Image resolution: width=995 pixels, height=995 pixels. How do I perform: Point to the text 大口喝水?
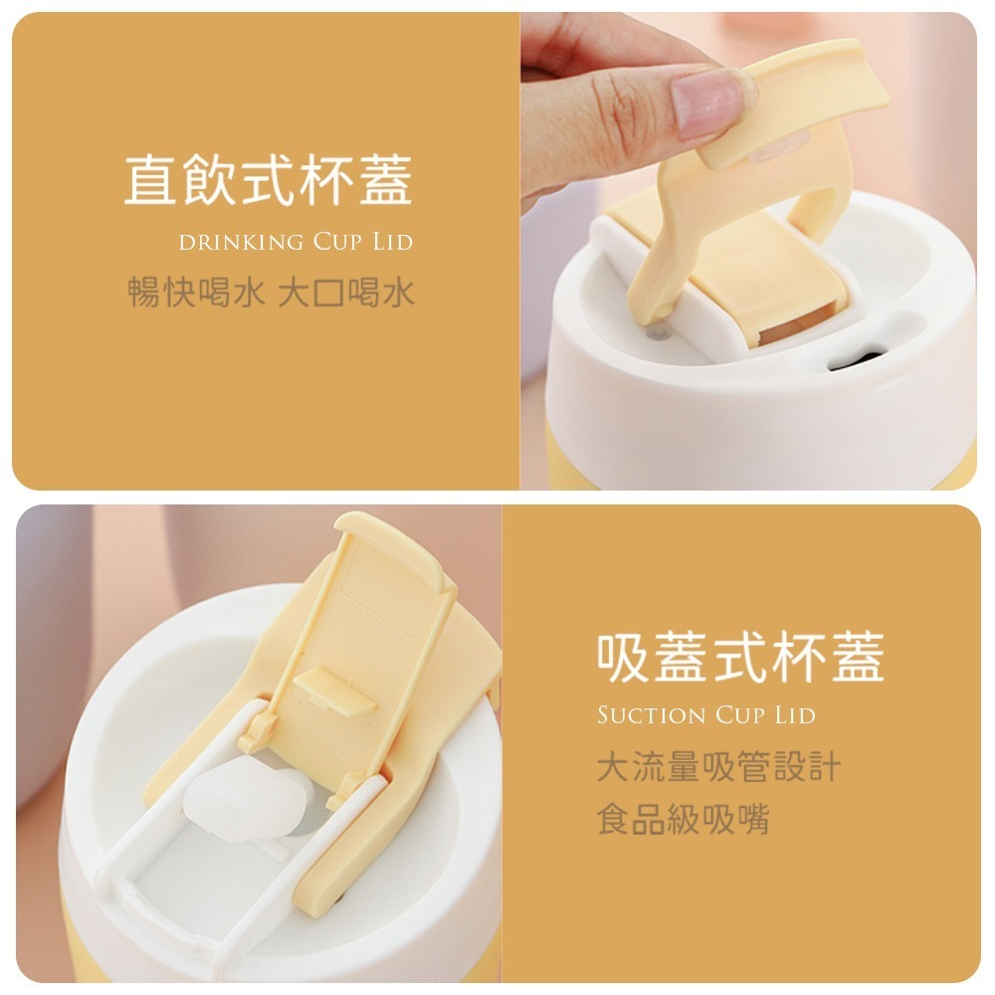346,293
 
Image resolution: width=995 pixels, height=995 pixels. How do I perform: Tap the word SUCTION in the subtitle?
651,715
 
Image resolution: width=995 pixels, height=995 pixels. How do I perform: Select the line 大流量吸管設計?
718,767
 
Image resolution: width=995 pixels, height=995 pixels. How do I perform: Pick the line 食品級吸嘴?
683,820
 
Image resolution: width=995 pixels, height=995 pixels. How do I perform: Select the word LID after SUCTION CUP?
794,715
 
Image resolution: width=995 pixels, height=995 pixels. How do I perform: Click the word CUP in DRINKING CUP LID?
336,242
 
